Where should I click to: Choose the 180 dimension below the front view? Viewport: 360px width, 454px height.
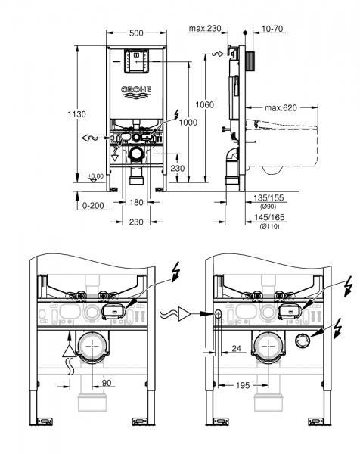[137, 202]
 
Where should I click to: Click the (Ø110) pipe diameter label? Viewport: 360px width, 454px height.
[269, 225]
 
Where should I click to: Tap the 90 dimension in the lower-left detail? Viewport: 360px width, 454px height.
[108, 384]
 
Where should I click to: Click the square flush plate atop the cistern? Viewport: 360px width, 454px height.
[137, 62]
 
